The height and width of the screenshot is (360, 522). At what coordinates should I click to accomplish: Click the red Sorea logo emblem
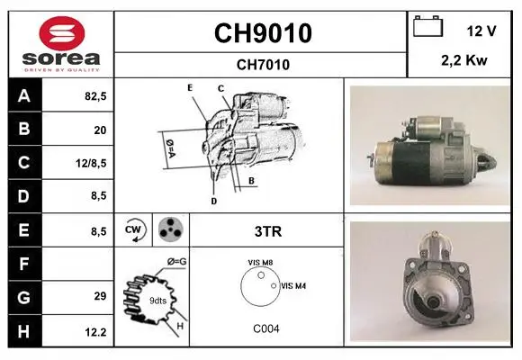[62, 33]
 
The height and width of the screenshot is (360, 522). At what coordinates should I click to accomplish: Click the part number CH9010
[263, 33]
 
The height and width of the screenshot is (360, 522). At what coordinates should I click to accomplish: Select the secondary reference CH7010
[263, 65]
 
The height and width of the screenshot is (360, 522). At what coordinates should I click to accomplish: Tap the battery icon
[427, 26]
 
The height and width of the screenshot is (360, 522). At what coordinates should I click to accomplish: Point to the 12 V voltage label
[481, 31]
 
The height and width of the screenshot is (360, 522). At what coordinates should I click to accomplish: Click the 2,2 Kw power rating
[464, 60]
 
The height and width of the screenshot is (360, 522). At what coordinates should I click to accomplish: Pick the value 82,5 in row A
[95, 96]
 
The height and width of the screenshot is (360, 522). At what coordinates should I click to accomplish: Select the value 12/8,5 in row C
[91, 163]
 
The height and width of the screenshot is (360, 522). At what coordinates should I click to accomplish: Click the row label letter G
[23, 297]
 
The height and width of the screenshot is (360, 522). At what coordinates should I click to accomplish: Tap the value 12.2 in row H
[95, 332]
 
